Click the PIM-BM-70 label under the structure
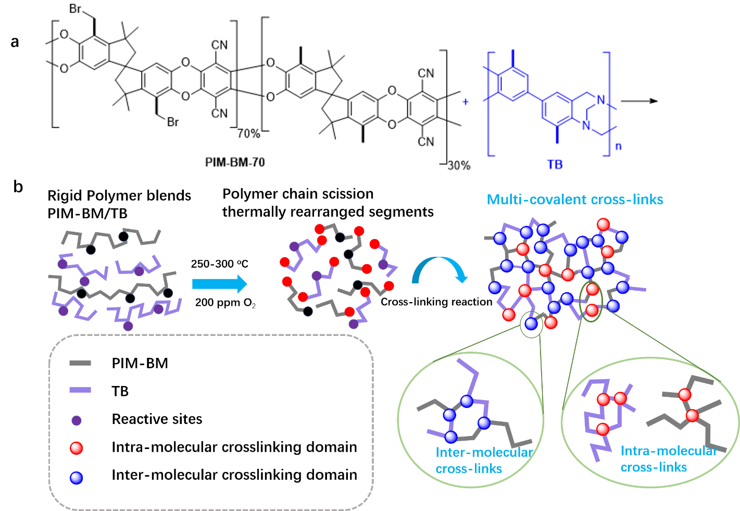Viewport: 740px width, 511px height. (x=235, y=163)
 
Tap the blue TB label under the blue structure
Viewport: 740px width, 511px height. (x=555, y=165)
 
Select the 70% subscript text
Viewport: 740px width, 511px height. (x=248, y=134)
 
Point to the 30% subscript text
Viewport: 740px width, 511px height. (x=459, y=166)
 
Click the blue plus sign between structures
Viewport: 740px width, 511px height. (x=466, y=102)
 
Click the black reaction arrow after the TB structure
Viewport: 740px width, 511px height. (x=639, y=101)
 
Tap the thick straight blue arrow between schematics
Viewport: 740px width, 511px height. (x=219, y=284)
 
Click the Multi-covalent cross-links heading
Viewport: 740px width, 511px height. (x=575, y=200)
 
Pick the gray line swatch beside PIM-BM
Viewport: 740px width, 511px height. (x=80, y=363)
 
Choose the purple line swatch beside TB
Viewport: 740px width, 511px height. (x=80, y=390)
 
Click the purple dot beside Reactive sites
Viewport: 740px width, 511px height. (x=77, y=420)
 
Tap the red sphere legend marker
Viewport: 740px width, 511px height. (x=77, y=448)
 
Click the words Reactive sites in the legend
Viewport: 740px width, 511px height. (x=157, y=419)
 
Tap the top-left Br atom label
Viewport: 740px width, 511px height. (x=76, y=9)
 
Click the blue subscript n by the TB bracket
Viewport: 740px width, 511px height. (x=618, y=146)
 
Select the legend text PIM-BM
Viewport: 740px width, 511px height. (x=140, y=363)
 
